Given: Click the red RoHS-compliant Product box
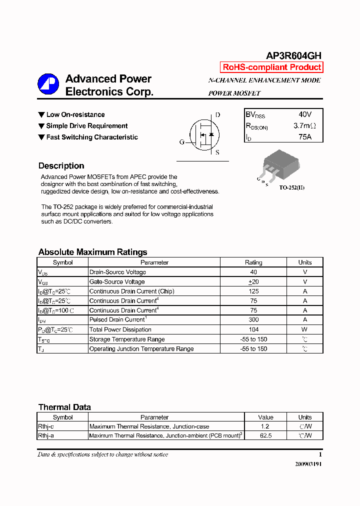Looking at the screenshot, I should [271, 67].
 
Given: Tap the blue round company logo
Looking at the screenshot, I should [48, 84].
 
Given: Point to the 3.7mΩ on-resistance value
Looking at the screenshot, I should [304, 126].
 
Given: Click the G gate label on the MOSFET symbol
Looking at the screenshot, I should [181, 142].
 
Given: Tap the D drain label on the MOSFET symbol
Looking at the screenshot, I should [217, 115].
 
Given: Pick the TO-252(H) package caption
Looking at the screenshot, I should [291, 187].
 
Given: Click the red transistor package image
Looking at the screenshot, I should [280, 164].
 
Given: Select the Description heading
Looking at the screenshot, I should [61, 166].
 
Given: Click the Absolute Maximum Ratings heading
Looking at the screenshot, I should [92, 252].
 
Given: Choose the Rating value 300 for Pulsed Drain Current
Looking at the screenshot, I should [253, 320].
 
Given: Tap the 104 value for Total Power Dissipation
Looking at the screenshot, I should [253, 329].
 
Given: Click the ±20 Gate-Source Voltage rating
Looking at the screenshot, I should [253, 282].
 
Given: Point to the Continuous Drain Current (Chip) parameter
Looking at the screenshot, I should [131, 291].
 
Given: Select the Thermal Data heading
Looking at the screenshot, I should [64, 407].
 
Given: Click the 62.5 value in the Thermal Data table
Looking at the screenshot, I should [265, 436].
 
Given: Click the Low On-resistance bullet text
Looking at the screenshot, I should [75, 115].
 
